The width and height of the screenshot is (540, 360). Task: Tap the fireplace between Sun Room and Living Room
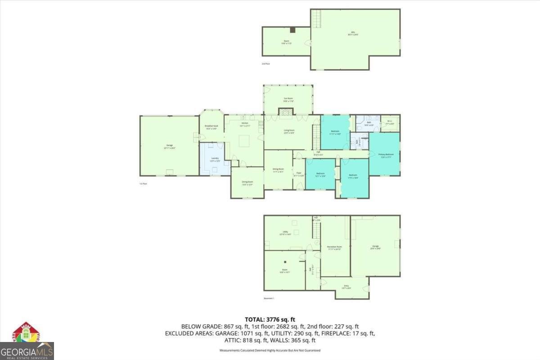285,112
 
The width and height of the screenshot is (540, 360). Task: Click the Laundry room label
215,159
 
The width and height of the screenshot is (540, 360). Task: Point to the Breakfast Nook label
211,127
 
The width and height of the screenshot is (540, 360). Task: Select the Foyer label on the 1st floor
298,174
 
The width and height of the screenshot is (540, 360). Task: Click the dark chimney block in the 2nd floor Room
292,30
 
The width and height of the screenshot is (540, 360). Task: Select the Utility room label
286,233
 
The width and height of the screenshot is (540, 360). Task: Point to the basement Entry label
346,287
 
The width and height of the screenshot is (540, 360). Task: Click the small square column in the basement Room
285,261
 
